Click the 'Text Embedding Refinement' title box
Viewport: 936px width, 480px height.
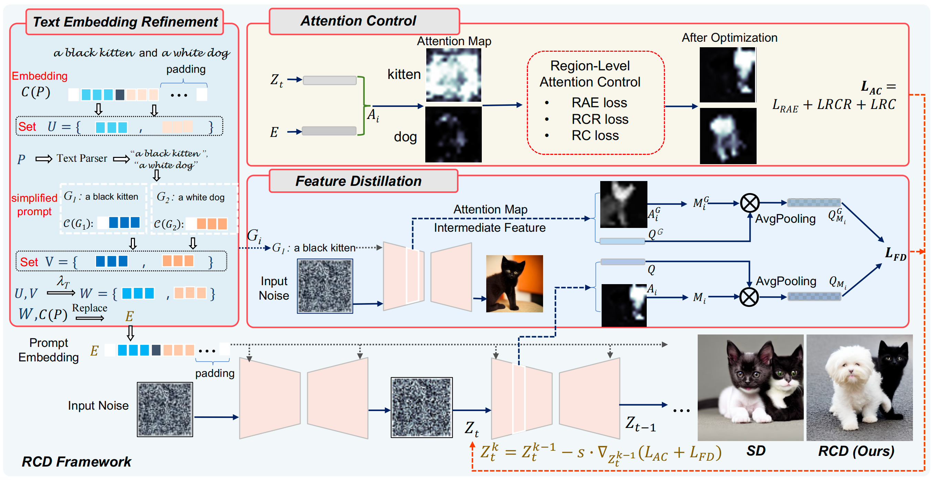click(x=125, y=22)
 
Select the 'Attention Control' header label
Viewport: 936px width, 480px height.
click(x=358, y=21)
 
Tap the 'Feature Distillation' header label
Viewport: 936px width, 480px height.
click(x=358, y=181)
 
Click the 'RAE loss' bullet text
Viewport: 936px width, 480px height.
click(x=599, y=103)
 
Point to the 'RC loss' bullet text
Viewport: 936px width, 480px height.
click(x=595, y=136)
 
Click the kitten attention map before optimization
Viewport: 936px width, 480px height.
click(x=454, y=75)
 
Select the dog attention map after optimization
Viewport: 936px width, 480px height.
click(x=728, y=136)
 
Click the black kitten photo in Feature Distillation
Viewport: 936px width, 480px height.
click(x=514, y=283)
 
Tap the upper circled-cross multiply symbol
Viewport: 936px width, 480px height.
click(x=749, y=203)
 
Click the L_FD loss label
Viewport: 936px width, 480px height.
click(x=895, y=254)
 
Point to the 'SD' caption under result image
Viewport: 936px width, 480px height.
click(x=756, y=451)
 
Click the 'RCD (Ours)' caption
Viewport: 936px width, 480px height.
click(x=856, y=451)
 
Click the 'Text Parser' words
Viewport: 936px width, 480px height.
click(x=82, y=158)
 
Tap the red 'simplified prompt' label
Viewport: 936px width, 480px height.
click(x=34, y=204)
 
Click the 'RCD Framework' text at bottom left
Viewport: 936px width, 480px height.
click(x=76, y=461)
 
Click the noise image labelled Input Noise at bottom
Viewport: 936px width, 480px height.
click(x=165, y=409)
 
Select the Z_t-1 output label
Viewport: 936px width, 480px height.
click(x=640, y=424)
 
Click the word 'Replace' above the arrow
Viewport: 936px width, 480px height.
click(x=90, y=308)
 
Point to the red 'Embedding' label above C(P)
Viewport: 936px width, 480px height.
click(x=40, y=76)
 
